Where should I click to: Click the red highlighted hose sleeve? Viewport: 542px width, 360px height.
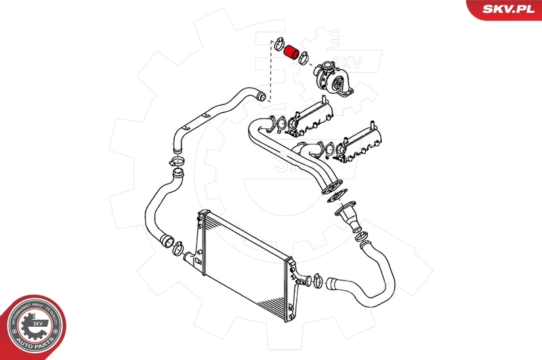pyautogui.click(x=292, y=52)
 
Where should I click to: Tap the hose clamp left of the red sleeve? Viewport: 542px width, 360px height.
pyautogui.click(x=277, y=45)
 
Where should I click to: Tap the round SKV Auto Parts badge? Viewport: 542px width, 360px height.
pyautogui.click(x=32, y=327)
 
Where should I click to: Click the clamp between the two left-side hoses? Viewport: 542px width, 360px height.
pyautogui.click(x=178, y=161)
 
